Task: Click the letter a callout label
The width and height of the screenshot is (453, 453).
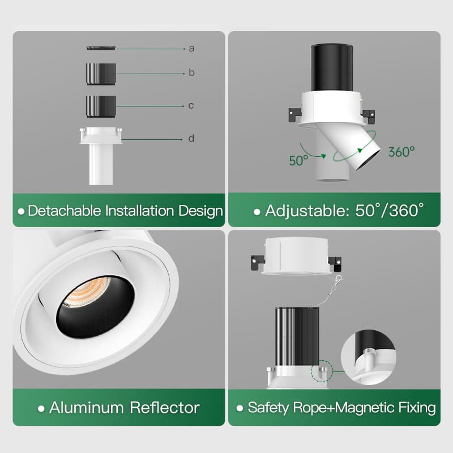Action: click(x=191, y=49)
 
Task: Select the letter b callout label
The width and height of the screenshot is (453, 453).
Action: click(x=191, y=72)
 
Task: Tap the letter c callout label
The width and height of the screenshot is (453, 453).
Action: click(x=191, y=105)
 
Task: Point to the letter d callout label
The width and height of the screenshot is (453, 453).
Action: click(x=191, y=138)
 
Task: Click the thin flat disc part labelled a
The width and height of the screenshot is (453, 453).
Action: click(x=101, y=48)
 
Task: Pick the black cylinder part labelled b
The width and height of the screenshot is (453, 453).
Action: click(x=101, y=74)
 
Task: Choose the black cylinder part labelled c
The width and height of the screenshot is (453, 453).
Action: click(x=101, y=106)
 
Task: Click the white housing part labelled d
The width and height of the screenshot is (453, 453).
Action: click(x=101, y=156)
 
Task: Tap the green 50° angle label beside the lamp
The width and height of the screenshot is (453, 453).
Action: click(x=298, y=161)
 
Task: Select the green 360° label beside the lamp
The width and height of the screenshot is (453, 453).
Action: click(x=401, y=152)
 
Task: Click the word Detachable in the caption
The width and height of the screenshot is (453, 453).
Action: click(x=65, y=211)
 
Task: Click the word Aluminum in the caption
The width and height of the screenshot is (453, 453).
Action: click(x=87, y=408)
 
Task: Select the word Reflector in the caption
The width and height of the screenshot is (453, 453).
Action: click(x=165, y=408)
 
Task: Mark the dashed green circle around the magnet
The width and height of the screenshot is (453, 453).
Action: click(x=322, y=371)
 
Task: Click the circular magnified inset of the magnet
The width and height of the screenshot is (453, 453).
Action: click(x=369, y=357)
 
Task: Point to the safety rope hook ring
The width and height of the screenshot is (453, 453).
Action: click(x=339, y=279)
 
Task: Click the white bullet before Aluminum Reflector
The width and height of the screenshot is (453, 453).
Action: click(x=41, y=408)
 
